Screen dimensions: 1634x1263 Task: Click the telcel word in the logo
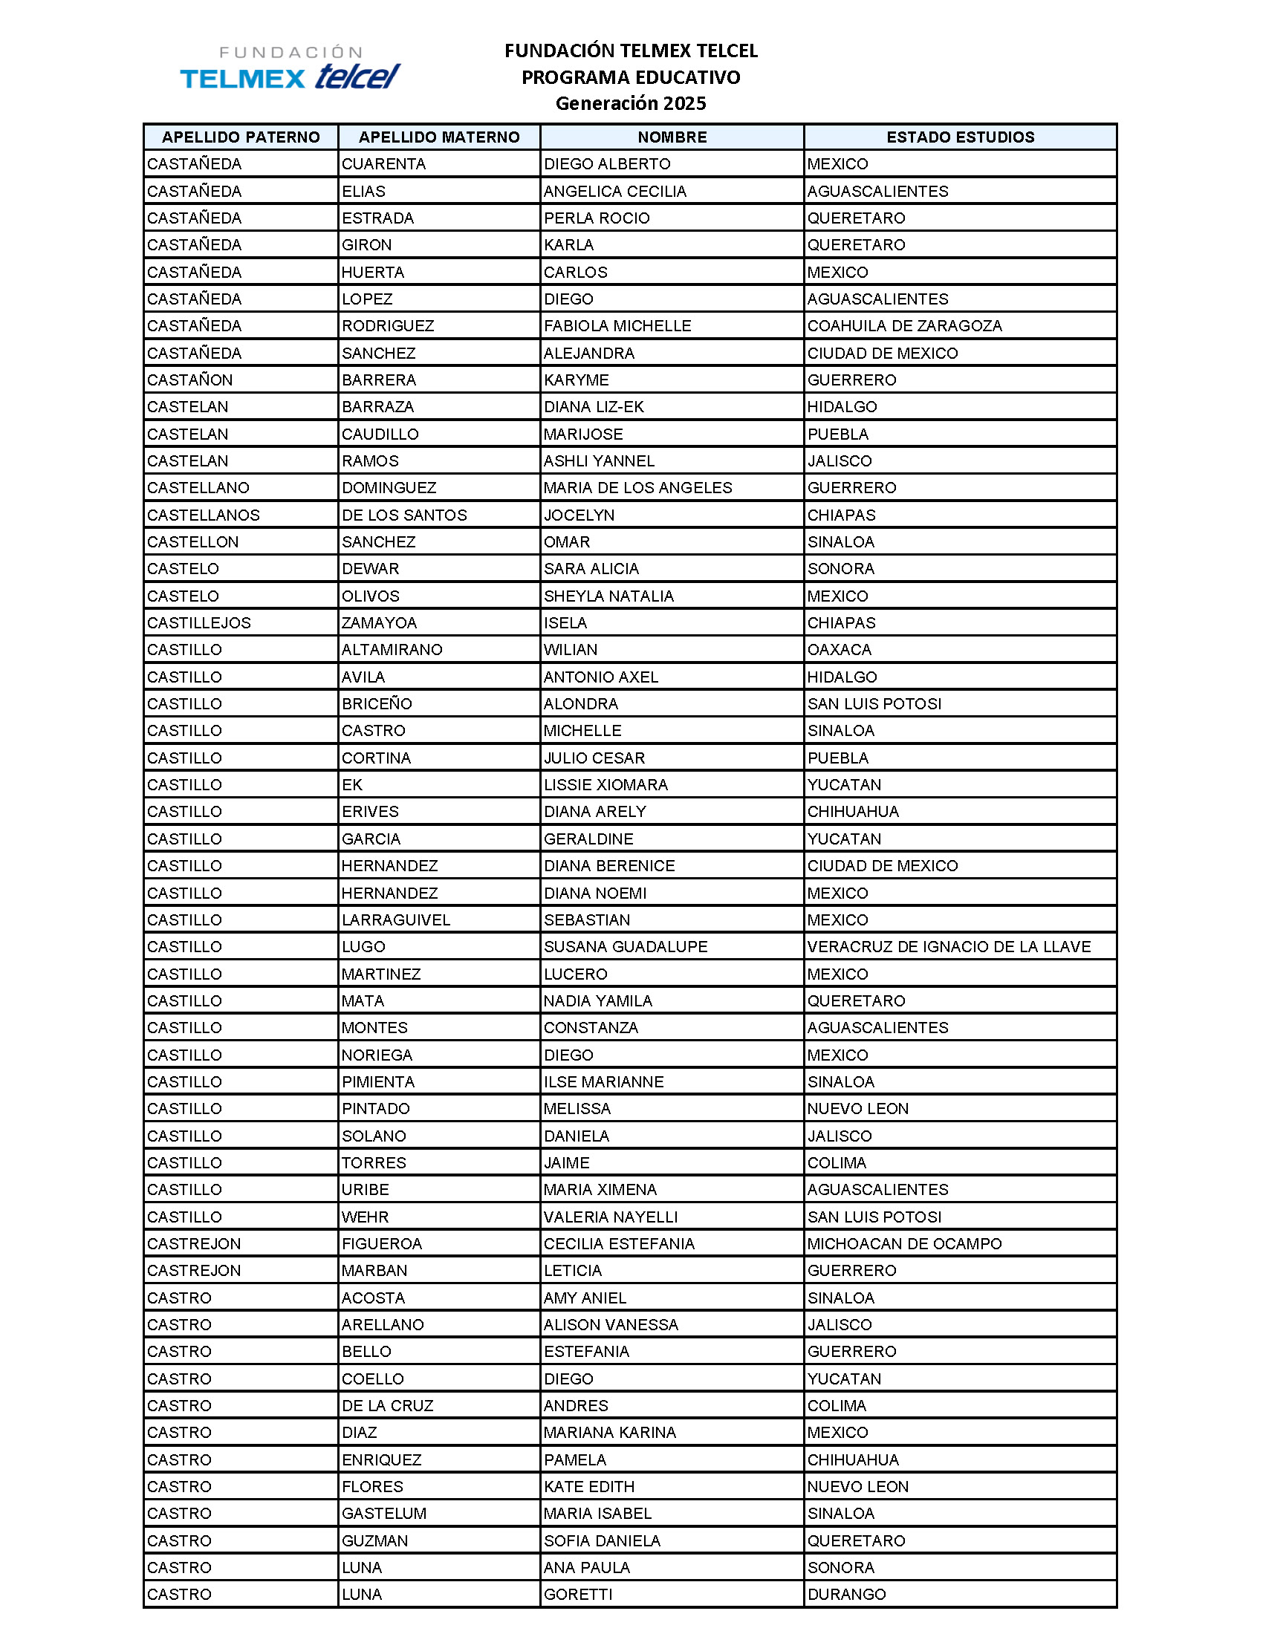(x=357, y=77)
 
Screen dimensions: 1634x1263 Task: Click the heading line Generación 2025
(x=630, y=103)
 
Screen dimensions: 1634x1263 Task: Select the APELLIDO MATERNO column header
(x=439, y=137)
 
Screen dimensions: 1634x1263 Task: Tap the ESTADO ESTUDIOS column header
(x=960, y=137)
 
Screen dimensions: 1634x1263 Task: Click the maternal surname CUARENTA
(x=384, y=164)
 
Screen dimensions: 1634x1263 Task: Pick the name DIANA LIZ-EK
(x=594, y=407)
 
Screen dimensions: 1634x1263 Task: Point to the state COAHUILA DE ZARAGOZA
(x=904, y=325)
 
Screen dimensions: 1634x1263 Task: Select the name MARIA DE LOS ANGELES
(x=637, y=488)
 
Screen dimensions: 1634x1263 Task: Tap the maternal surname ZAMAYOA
(x=379, y=622)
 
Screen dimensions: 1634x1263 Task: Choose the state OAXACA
(x=839, y=649)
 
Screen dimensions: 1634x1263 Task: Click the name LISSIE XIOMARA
(x=605, y=785)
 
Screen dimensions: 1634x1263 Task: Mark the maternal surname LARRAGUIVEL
(x=396, y=919)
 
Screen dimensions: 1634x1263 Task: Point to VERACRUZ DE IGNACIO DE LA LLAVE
(x=948, y=946)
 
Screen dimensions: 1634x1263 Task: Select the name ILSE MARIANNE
(x=603, y=1082)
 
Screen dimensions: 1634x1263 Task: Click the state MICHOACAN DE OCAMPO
(x=904, y=1243)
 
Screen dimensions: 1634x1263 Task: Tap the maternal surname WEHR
(x=365, y=1217)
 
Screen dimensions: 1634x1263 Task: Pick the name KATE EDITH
(x=589, y=1487)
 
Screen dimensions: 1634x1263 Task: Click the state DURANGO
(x=846, y=1595)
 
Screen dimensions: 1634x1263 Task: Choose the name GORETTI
(x=577, y=1595)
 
